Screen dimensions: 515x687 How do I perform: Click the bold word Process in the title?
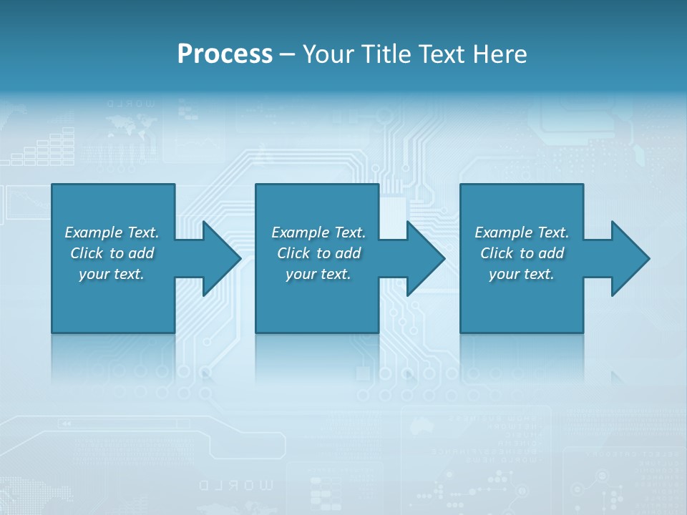(x=225, y=54)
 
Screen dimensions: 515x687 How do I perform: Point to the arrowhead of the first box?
(x=222, y=258)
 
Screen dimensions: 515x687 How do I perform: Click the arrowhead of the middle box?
(x=426, y=258)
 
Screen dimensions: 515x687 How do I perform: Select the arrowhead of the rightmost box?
(x=630, y=258)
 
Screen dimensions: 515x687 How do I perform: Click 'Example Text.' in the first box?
(x=112, y=232)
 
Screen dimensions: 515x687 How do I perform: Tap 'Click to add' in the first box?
(x=112, y=253)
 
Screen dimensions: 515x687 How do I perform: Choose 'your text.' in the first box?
(x=112, y=274)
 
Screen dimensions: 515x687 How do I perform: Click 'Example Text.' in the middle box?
(x=318, y=232)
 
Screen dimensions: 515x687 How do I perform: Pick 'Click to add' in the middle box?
(x=318, y=253)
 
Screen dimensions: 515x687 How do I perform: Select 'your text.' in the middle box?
(x=318, y=274)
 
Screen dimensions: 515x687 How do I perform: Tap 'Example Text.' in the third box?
(x=522, y=232)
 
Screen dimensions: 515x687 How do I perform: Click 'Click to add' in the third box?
(x=522, y=253)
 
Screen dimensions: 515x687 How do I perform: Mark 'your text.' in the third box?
(x=522, y=274)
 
